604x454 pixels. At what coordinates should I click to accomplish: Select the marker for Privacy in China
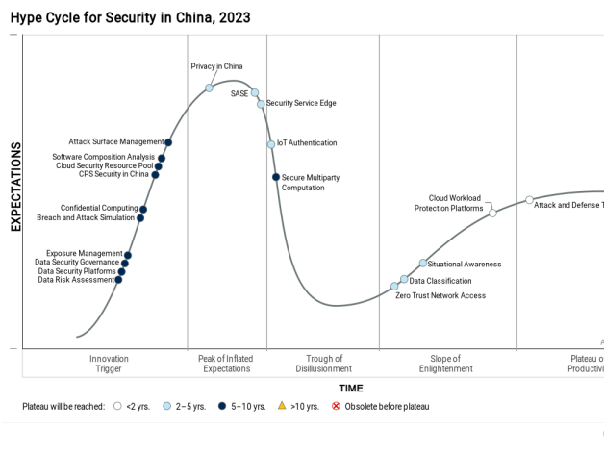(x=209, y=88)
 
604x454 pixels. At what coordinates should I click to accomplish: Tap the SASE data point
(x=254, y=93)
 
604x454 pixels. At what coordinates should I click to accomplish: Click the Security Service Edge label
(x=301, y=103)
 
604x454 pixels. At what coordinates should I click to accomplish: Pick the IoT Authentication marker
(x=271, y=144)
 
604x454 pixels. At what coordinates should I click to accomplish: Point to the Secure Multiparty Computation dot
(x=275, y=177)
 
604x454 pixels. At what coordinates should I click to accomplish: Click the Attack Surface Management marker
(x=168, y=142)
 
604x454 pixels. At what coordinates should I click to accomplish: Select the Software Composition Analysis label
(x=103, y=157)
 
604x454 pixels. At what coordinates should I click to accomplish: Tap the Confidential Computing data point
(x=143, y=209)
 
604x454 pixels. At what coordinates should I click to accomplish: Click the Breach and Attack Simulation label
(x=86, y=217)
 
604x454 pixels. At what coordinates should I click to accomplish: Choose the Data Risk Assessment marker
(x=118, y=280)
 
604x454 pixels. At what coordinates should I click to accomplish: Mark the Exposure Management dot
(x=128, y=255)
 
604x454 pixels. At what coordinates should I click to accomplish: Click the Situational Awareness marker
(x=422, y=263)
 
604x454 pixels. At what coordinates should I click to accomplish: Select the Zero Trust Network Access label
(x=440, y=295)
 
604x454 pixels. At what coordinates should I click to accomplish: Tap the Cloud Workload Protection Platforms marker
(x=492, y=213)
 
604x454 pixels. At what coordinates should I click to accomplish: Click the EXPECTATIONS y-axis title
(x=15, y=188)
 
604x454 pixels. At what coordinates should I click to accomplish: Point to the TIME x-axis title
(x=350, y=388)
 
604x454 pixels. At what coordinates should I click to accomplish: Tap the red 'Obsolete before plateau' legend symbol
(x=336, y=406)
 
